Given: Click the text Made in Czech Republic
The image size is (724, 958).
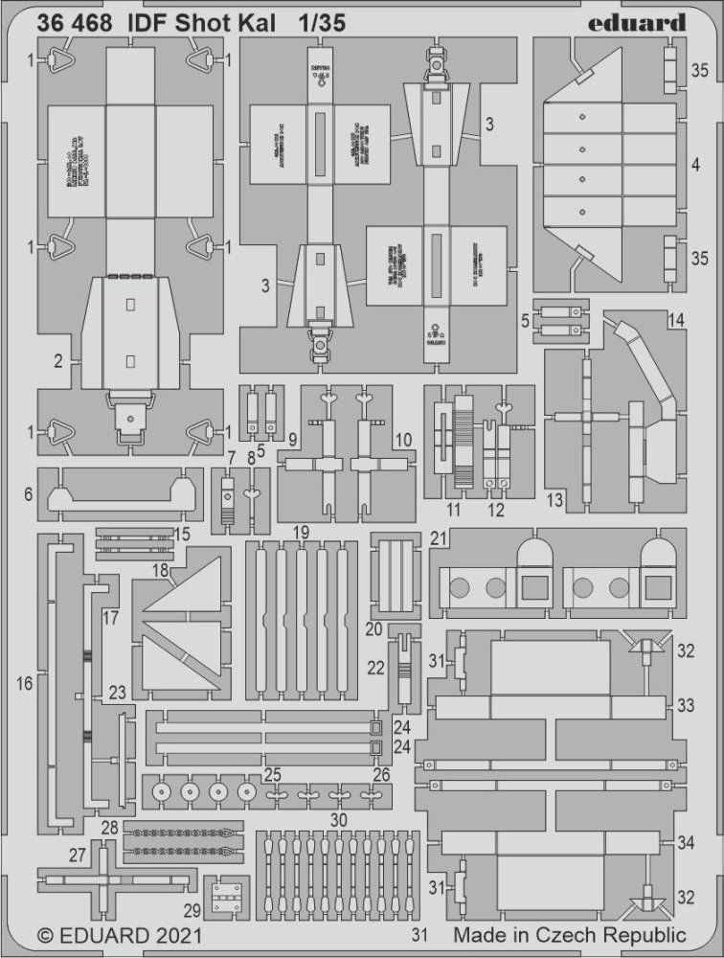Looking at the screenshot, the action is click(x=570, y=934).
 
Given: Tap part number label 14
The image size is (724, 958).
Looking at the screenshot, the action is click(x=676, y=320).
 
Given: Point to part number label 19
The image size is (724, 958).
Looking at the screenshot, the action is click(x=301, y=532).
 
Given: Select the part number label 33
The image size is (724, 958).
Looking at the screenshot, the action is click(x=685, y=705).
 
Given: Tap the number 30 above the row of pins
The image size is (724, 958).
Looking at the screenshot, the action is click(x=336, y=820).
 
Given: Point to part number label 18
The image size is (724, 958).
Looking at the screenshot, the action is click(x=161, y=571).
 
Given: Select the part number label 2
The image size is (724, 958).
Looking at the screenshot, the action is click(x=58, y=361).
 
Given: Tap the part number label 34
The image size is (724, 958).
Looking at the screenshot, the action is click(x=685, y=843).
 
